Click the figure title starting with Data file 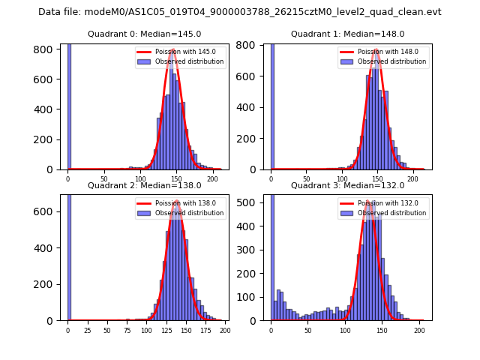coord(239,12)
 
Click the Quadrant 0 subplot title coord(144,34)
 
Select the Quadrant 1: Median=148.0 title coord(347,34)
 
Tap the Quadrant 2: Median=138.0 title coord(144,185)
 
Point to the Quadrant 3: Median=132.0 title coord(347,185)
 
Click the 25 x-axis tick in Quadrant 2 coord(87,330)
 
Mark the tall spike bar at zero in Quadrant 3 coord(271,255)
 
